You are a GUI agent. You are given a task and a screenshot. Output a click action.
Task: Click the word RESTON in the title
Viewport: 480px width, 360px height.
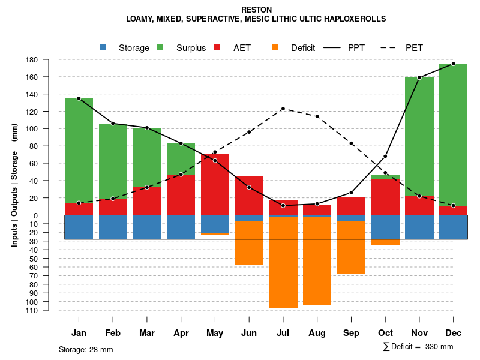point(256,10)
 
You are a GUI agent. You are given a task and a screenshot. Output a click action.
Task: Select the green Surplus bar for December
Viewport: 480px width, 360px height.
point(453,132)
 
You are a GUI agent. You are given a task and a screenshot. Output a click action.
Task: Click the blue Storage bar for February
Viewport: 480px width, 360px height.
point(113,227)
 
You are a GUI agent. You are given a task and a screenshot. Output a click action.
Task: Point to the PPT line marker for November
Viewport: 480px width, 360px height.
point(419,77)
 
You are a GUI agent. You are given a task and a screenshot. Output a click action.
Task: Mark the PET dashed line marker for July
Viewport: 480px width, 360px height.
point(283,109)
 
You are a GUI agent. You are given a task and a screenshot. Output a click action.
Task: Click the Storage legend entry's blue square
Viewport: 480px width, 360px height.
point(103,48)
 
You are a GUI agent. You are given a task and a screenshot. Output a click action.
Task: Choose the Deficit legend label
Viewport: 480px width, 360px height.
point(303,48)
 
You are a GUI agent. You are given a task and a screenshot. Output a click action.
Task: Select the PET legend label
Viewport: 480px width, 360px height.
point(414,48)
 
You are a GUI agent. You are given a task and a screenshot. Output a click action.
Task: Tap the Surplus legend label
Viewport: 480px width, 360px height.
point(191,48)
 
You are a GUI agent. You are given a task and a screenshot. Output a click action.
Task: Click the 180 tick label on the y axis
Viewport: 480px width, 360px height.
point(49,60)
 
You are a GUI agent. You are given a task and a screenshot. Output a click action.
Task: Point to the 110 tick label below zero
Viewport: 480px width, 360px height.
point(49,310)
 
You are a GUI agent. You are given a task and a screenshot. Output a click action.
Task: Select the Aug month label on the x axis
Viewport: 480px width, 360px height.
point(317,333)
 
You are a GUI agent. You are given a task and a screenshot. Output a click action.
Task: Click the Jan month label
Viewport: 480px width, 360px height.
point(79,333)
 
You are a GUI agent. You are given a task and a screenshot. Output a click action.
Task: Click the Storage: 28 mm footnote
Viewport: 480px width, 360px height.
point(86,349)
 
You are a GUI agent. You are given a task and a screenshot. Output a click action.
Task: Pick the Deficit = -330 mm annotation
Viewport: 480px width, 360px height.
point(418,347)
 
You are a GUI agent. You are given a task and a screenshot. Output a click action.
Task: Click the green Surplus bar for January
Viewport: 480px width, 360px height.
point(79,150)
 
